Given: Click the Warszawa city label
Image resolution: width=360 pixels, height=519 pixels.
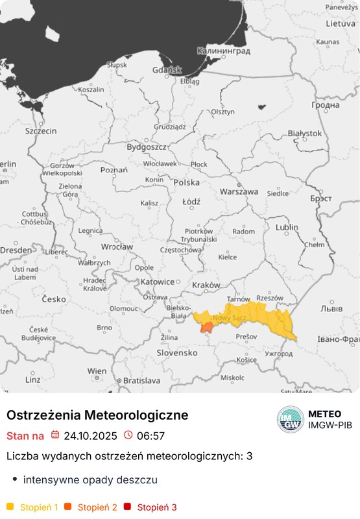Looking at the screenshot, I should pos(239,192).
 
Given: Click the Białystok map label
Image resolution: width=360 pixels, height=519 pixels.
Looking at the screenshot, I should pos(304,133).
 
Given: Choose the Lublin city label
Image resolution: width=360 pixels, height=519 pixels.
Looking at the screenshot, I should pos(287,228).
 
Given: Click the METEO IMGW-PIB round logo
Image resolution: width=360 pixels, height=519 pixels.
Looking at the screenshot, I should pos(290,420).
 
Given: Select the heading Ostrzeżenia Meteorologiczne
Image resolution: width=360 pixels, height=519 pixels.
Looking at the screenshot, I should pos(97,415).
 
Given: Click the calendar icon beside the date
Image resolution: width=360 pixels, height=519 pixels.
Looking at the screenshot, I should pos(55,435).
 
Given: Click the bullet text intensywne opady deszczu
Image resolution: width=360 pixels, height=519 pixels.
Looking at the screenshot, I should pos(90,480).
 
